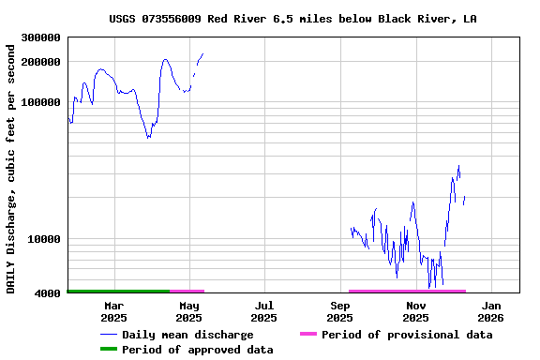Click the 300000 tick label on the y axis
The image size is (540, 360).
point(41,37)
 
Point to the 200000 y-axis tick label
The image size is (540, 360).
point(41,62)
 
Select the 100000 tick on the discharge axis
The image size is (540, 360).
point(41,102)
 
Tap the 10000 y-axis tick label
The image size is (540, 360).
point(44,239)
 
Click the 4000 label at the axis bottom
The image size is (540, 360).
point(48,293)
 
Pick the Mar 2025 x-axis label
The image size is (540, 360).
point(113,311)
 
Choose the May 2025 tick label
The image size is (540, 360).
point(188,311)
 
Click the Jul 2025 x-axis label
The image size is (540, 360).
point(263,311)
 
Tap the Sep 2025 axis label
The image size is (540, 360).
point(339,311)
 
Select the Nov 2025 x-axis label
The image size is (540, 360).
point(415,311)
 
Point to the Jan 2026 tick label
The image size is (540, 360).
point(490,311)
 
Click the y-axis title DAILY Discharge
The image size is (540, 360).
point(11,169)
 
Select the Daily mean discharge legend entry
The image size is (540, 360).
point(187,335)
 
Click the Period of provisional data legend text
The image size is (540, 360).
point(407,335)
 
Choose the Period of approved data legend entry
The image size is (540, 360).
point(198,350)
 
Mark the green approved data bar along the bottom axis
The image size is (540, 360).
point(118,292)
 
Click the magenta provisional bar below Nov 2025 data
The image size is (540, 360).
point(407,292)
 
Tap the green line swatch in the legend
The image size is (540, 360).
point(109,350)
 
